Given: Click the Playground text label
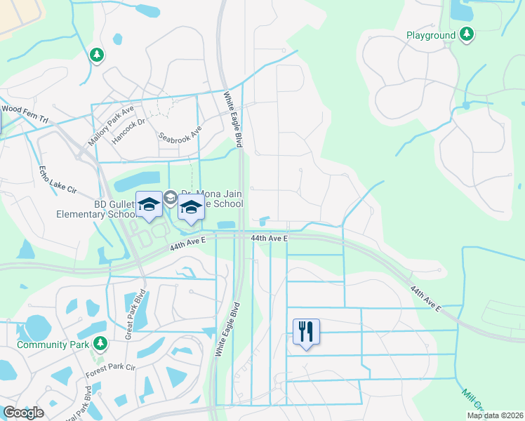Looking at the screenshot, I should pos(431,34).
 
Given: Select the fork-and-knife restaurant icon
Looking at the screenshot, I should pos(306,331).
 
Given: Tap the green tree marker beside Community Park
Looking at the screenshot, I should pos(100,343).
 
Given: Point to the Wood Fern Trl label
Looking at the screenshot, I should pos(25,113).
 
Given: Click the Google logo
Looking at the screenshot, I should pos(23,413).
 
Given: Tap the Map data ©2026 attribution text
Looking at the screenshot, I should pos(494,415).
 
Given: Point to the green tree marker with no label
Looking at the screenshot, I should pos(97,55).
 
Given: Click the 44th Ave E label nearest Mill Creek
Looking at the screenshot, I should pos(426,298).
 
